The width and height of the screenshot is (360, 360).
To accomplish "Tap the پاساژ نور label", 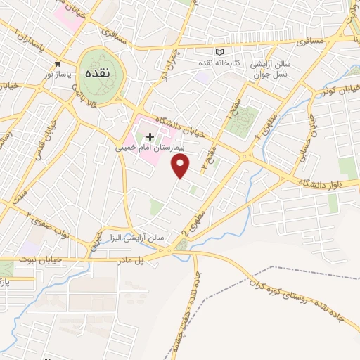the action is pyautogui.click(x=58, y=73).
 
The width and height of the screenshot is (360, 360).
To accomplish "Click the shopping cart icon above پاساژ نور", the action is pyautogui.click(x=58, y=63).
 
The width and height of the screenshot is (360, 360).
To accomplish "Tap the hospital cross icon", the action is pyautogui.click(x=150, y=136).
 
